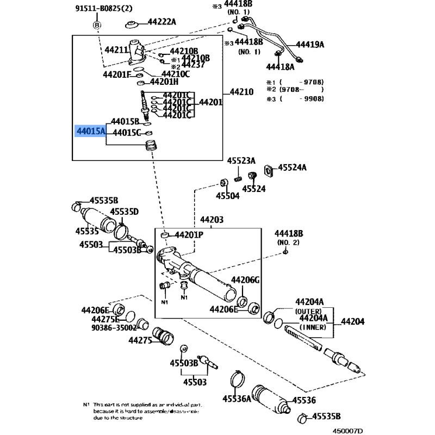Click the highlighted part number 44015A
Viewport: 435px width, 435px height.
coord(91,131)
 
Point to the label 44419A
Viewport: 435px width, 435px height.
coord(310,45)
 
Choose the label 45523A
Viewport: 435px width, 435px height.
coord(241,160)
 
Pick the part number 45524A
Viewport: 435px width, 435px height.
coord(293,168)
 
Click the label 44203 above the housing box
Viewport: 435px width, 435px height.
coord(212,220)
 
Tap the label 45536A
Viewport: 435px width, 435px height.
coord(237,399)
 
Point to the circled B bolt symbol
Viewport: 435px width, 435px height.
coord(97,25)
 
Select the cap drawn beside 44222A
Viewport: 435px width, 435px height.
coord(130,24)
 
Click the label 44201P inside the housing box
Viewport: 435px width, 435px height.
coord(188,234)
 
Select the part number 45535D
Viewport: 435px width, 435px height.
coord(125,212)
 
